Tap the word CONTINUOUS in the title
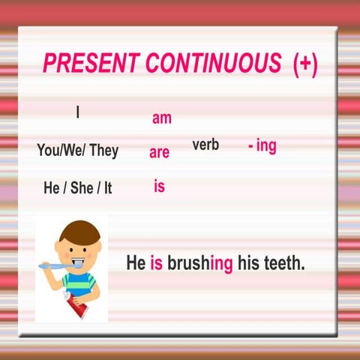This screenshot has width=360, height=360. pyautogui.click(x=214, y=64)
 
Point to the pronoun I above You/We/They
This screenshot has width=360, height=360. pyautogui.click(x=77, y=112)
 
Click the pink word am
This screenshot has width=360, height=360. pyautogui.click(x=162, y=118)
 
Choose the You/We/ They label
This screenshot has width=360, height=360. pyautogui.click(x=77, y=150)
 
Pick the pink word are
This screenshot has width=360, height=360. pyautogui.click(x=159, y=152)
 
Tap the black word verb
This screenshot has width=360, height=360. pyautogui.click(x=205, y=145)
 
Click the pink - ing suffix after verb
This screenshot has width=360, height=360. pyautogui.click(x=262, y=145)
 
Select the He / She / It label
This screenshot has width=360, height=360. pyautogui.click(x=77, y=187)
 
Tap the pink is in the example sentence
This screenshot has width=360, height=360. pyautogui.click(x=157, y=263)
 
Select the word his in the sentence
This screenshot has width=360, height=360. pyautogui.click(x=247, y=263)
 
